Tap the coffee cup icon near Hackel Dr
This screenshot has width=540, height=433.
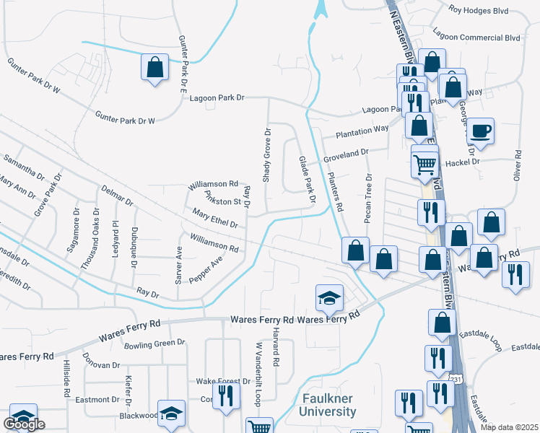[481, 131]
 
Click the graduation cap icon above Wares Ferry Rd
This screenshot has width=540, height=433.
[328, 296]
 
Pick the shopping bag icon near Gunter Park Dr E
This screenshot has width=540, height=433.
[154, 68]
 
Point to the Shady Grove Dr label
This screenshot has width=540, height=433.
[266, 155]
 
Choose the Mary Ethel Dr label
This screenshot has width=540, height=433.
[214, 219]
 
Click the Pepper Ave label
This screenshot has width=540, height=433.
[206, 271]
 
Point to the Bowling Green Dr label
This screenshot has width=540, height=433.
[154, 344]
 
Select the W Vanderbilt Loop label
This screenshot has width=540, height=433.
[256, 374]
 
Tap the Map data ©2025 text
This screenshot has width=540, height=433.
[509, 427]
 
